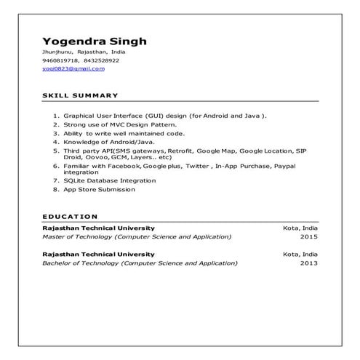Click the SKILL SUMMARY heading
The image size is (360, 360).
80,96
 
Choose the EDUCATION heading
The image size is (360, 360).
70,216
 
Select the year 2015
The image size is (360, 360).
308,237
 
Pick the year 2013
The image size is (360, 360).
308,263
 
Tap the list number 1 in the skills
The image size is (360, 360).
56,116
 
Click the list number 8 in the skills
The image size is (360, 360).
56,189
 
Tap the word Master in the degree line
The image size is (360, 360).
55,237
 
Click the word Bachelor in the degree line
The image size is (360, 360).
58,263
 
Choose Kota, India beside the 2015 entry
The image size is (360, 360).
300,228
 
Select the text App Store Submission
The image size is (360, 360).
99,189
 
